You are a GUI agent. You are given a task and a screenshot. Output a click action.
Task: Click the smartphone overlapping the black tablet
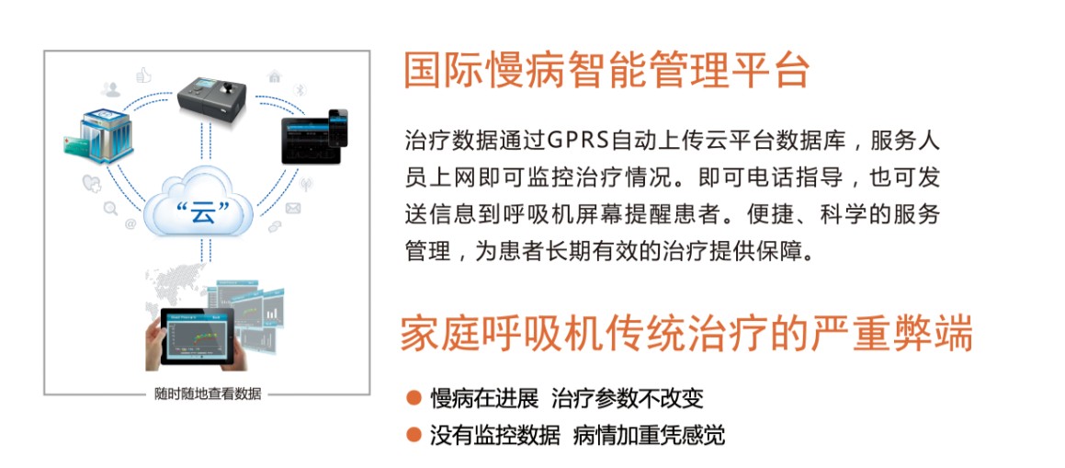tap(337, 128)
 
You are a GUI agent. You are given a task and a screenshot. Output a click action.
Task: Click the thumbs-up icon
tap(143, 74)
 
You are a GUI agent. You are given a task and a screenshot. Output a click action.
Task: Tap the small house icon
tap(275, 75)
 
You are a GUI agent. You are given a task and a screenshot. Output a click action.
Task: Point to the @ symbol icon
tap(130, 224)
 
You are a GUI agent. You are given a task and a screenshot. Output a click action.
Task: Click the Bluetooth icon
tap(299, 90)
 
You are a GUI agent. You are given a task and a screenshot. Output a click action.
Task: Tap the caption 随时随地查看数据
tap(207, 394)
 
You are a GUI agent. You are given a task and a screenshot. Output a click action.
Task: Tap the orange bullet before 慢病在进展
tap(413, 397)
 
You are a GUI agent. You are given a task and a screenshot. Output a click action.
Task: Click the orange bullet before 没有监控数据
tap(413, 433)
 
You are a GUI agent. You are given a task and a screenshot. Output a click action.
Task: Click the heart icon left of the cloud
tap(91, 183)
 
